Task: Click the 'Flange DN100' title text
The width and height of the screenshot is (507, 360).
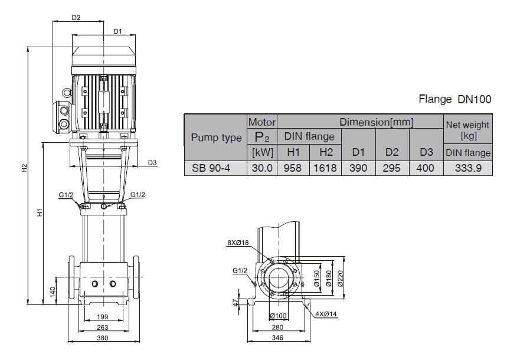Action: [x=454, y=99]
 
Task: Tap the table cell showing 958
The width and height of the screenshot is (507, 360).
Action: [x=294, y=168]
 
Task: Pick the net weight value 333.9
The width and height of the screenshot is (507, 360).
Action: [x=468, y=168]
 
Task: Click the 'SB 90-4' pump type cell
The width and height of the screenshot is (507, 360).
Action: [x=211, y=168]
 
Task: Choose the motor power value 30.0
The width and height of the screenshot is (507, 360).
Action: [x=262, y=168]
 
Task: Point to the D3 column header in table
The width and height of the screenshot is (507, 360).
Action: [x=426, y=152]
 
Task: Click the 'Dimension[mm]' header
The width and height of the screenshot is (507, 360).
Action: [x=376, y=122]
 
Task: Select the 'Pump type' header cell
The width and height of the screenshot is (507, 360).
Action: [x=216, y=138]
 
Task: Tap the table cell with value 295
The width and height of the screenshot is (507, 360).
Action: [x=392, y=168]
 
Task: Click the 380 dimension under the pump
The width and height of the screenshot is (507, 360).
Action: [x=103, y=338]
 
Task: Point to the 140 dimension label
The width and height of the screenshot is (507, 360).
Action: [x=53, y=290]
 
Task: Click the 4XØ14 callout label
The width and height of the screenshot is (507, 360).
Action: [x=325, y=315]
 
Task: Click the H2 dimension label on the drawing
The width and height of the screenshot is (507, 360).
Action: [x=24, y=168]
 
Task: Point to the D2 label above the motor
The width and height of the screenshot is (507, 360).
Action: [x=76, y=18]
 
